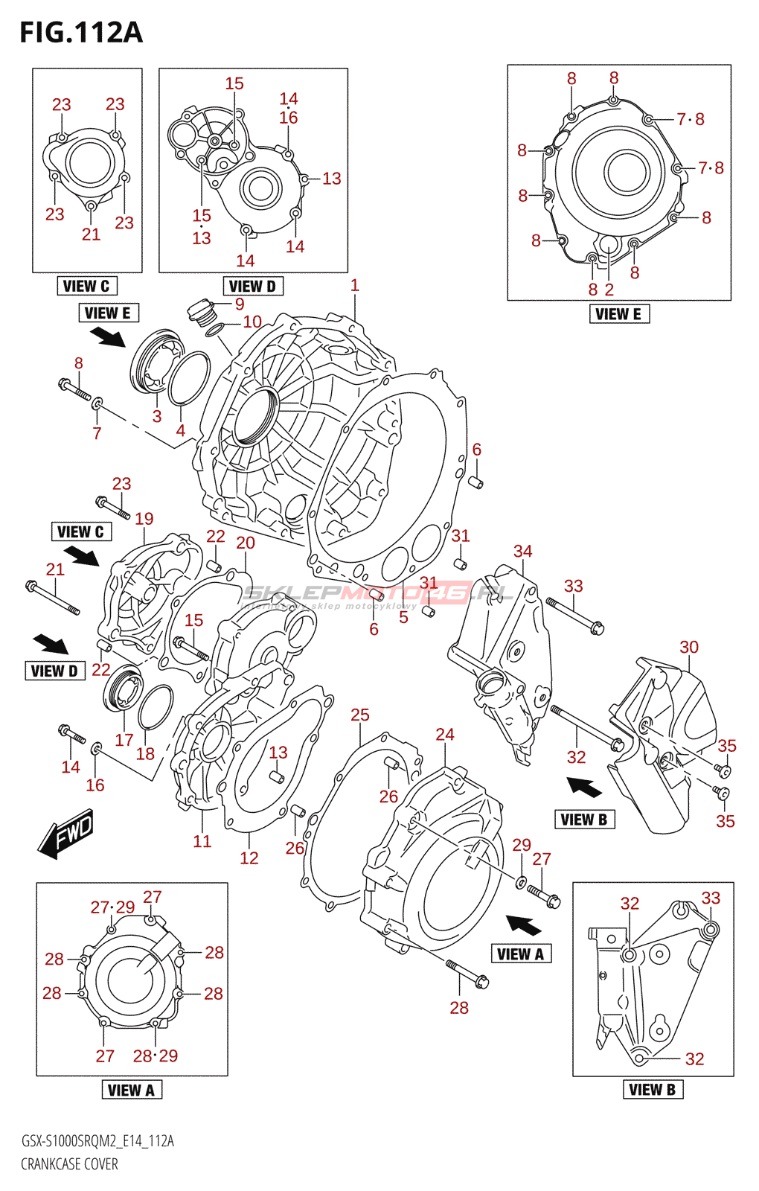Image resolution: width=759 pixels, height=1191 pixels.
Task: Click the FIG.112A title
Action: click(x=80, y=33)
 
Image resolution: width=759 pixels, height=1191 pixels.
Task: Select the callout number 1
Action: click(x=355, y=285)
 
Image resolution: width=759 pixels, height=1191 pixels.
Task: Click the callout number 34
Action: click(x=522, y=552)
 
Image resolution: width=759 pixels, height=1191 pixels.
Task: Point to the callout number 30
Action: click(x=689, y=648)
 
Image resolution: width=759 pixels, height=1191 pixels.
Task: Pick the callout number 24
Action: click(x=445, y=735)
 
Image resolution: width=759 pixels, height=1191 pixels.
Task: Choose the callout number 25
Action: click(x=360, y=715)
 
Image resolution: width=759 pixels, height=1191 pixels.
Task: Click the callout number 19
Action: click(x=144, y=519)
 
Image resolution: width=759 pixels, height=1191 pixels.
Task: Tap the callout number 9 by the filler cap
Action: click(x=240, y=304)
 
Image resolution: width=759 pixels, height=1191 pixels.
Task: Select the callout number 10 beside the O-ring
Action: click(x=252, y=322)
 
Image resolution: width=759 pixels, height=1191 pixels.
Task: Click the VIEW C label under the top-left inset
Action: click(x=86, y=286)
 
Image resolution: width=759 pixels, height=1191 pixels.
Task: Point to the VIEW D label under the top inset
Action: click(x=252, y=286)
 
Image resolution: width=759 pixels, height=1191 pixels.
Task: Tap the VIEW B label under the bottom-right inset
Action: click(x=652, y=1090)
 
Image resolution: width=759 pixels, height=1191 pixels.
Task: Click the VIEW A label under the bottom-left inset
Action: click(x=131, y=1091)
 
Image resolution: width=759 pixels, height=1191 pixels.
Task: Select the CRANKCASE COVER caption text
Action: click(x=69, y=1164)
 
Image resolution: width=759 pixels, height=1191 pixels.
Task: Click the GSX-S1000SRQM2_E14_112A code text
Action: click(x=97, y=1141)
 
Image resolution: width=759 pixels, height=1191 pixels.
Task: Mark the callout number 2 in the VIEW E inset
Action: click(x=609, y=290)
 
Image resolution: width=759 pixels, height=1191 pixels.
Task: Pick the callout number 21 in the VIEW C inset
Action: click(x=91, y=234)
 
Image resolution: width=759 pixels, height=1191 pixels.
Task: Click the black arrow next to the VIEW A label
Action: click(x=524, y=926)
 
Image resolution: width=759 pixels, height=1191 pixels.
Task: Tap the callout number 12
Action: click(x=249, y=858)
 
